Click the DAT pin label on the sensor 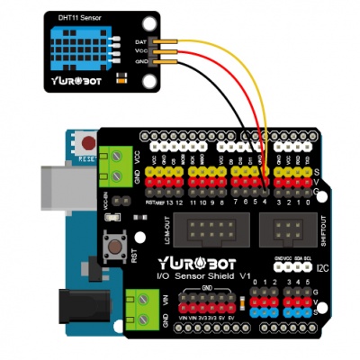point(142,42)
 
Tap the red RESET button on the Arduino point(87,142)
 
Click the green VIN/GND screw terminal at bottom point(144,306)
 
